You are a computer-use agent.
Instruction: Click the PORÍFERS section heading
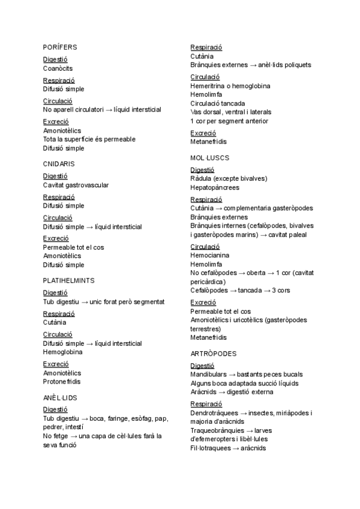(x=60, y=47)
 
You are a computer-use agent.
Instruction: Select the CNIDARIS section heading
(x=59, y=163)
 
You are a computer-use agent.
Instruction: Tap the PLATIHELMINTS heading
(x=68, y=280)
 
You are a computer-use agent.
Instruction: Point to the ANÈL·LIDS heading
(x=60, y=397)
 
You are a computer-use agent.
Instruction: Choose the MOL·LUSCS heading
(x=210, y=158)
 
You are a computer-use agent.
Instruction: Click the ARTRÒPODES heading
(x=214, y=354)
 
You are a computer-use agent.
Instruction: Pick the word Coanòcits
(x=58, y=68)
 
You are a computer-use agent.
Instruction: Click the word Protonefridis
(x=62, y=381)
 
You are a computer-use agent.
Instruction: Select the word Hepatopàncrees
(x=215, y=187)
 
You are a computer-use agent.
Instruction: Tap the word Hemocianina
(x=210, y=255)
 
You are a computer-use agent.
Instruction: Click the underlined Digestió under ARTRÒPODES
(x=202, y=366)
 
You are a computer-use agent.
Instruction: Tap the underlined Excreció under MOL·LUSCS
(x=203, y=303)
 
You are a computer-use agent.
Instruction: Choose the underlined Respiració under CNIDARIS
(x=59, y=197)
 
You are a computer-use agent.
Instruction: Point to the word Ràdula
(x=202, y=178)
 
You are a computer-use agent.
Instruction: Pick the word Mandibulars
(x=208, y=375)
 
